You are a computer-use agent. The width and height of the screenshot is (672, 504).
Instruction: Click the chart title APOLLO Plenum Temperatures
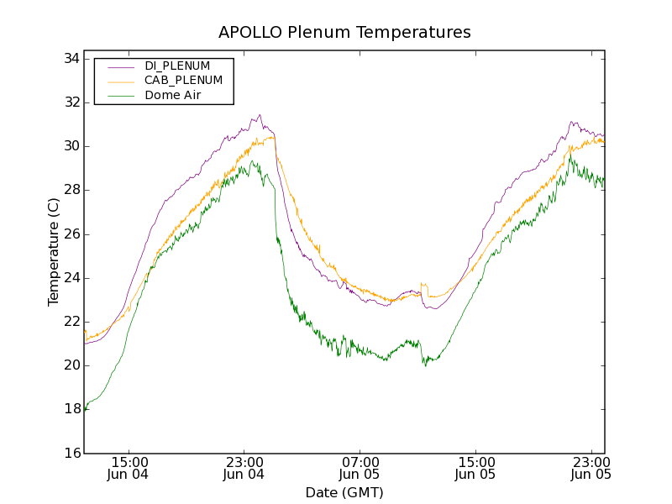(344, 33)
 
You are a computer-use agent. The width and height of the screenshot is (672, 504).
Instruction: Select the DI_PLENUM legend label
(177, 66)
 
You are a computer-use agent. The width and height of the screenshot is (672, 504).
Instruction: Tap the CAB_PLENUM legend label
(183, 81)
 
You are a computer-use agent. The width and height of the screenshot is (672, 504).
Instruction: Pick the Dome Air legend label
(172, 95)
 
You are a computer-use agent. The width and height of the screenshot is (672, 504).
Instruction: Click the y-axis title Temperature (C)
(54, 252)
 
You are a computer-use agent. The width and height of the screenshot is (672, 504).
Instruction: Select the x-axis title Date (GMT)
(344, 492)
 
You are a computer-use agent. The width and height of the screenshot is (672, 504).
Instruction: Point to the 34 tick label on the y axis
(71, 59)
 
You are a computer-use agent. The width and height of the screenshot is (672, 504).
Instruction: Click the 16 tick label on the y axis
(71, 454)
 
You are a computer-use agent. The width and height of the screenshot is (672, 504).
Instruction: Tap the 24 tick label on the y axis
(71, 278)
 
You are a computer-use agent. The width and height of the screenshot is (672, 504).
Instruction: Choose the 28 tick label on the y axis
(71, 191)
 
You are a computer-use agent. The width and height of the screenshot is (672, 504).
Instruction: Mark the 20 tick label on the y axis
(71, 365)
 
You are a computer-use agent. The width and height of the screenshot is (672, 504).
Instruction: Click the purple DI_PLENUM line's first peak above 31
(260, 116)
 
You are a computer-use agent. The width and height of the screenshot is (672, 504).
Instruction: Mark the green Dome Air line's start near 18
(85, 409)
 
